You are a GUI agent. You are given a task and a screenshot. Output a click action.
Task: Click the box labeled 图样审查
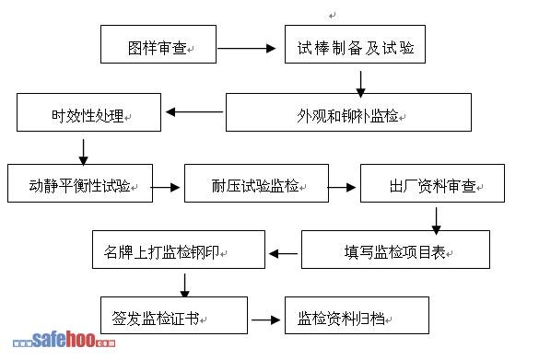click(x=158, y=44)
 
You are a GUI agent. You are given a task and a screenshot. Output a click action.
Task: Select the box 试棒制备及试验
click(x=355, y=44)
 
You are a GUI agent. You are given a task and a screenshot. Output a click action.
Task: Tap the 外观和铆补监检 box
click(x=348, y=112)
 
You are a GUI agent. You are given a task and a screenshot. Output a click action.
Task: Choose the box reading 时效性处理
click(x=89, y=112)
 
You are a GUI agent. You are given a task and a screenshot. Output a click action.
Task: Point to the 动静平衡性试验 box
click(x=80, y=183)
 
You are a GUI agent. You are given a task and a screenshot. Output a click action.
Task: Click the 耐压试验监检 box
click(x=256, y=183)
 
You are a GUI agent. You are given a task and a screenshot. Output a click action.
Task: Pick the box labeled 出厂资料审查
click(x=432, y=183)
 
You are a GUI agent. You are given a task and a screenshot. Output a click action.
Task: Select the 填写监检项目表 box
click(x=395, y=250)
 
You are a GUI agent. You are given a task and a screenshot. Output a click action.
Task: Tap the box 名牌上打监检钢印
click(x=179, y=250)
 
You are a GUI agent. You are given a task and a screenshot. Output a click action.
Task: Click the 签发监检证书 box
click(x=174, y=315)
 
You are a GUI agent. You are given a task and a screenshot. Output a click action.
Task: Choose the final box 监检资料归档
click(x=357, y=315)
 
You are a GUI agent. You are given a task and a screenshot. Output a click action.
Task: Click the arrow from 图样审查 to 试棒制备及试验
click(x=247, y=49)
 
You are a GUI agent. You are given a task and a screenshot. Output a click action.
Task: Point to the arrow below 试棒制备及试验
click(x=360, y=84)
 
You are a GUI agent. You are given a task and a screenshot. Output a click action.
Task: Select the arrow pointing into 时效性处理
click(x=194, y=111)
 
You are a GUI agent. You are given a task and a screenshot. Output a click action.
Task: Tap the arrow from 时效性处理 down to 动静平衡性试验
click(x=84, y=152)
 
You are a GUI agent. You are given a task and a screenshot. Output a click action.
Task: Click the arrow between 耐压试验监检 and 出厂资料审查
click(x=342, y=187)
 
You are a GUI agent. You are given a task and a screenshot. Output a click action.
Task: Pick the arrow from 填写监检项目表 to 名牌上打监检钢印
click(x=283, y=254)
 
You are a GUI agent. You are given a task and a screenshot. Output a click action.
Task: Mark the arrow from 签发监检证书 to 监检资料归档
click(x=265, y=320)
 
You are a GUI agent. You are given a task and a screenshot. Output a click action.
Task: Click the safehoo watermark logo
click(x=64, y=340)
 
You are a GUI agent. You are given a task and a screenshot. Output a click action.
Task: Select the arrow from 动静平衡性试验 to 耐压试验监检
click(x=165, y=187)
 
